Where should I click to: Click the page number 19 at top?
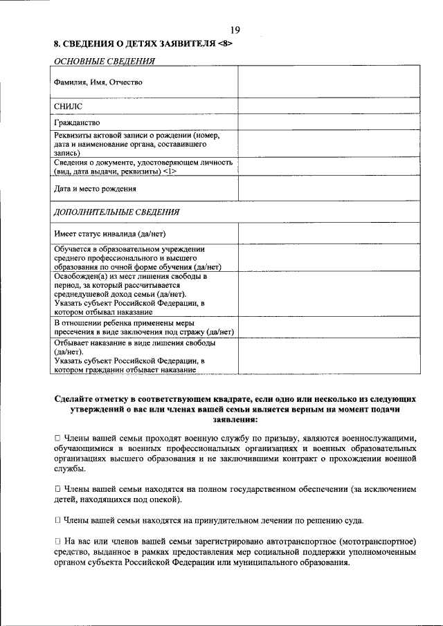tap(235, 29)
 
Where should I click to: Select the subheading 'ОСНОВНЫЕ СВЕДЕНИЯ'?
tap(104, 60)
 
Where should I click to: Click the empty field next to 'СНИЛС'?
tap(329, 106)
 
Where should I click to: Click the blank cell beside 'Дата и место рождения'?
tap(329, 188)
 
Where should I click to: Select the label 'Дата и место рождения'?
tap(96, 188)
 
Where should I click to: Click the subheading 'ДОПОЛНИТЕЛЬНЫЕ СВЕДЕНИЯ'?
tap(117, 212)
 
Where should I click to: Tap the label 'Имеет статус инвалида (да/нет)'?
tap(109, 233)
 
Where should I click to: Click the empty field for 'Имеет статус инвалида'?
tap(329, 233)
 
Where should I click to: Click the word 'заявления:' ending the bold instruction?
tap(235, 419)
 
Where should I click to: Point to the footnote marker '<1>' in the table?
tap(170, 172)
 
